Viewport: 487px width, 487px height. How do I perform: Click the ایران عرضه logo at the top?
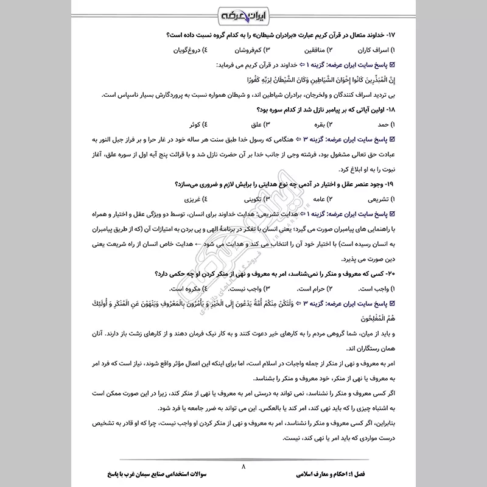click(243, 14)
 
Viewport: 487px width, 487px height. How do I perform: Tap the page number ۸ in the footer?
click(243, 466)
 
